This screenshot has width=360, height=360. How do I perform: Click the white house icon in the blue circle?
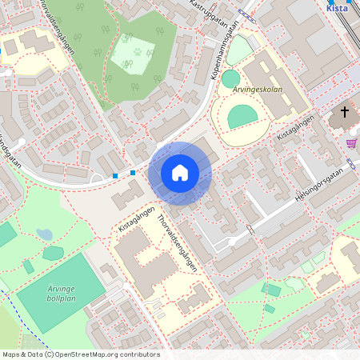tap(180, 173)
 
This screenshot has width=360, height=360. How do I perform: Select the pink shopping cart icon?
tap(351, 143)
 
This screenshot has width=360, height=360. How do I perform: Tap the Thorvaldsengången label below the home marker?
tap(177, 242)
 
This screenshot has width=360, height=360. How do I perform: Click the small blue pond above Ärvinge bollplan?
tap(44, 235)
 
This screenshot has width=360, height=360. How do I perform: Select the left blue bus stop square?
tap(115, 175)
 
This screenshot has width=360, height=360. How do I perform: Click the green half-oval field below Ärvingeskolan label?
tap(243, 118)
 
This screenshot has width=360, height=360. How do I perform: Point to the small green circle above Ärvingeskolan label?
tap(230, 79)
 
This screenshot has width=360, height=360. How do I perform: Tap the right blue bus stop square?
tap(133, 172)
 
